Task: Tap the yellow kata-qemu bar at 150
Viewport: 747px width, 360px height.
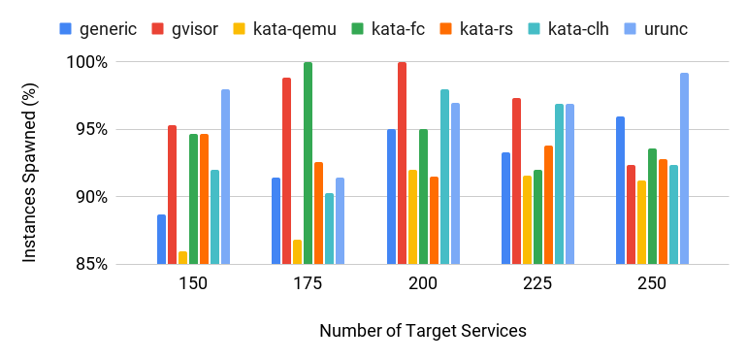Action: click(x=182, y=257)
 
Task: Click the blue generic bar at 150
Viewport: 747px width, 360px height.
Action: click(x=161, y=239)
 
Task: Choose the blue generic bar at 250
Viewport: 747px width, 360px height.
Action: click(x=620, y=190)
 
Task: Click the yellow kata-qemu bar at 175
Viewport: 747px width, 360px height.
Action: click(x=297, y=251)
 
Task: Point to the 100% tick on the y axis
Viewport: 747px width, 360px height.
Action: click(x=86, y=62)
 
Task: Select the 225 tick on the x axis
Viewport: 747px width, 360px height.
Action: click(x=537, y=284)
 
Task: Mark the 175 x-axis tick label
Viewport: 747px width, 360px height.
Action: click(x=308, y=284)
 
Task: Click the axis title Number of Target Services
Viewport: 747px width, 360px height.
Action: click(x=422, y=331)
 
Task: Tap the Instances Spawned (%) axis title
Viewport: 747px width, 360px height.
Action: click(x=30, y=163)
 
